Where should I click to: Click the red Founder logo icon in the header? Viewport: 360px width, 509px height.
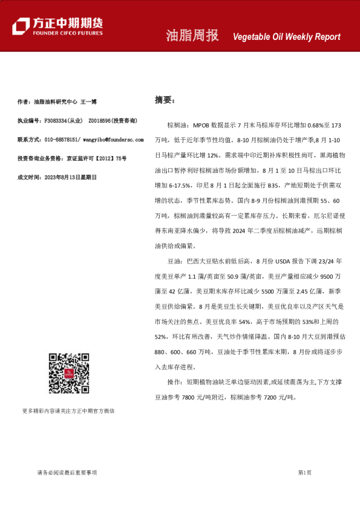(x=22, y=26)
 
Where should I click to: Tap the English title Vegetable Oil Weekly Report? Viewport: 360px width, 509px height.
(x=287, y=37)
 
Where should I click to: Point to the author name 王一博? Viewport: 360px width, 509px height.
(x=88, y=102)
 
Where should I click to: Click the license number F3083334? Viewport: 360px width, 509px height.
(x=56, y=121)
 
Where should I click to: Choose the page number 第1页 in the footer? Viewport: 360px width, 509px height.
(x=304, y=472)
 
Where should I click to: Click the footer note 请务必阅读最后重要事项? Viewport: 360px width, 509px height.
(x=67, y=472)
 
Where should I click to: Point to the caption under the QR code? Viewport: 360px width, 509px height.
(x=68, y=411)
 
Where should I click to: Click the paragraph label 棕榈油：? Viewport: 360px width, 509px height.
(x=179, y=125)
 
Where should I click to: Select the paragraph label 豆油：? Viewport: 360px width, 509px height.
(x=175, y=261)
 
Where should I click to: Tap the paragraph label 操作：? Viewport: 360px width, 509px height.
(x=175, y=382)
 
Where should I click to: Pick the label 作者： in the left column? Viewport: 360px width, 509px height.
(x=25, y=102)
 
